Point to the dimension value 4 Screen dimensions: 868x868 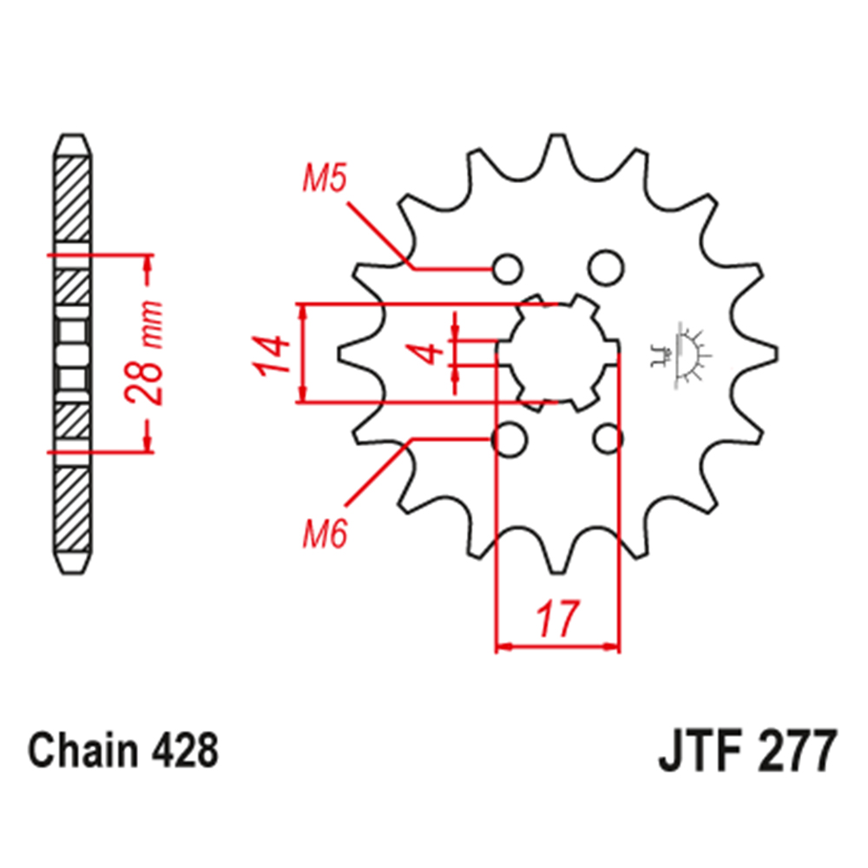427,353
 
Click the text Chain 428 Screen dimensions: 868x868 122,751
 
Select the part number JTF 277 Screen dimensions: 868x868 746,751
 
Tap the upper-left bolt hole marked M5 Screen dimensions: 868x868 509,267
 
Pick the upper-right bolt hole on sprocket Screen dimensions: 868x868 604,266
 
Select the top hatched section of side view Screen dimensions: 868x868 72,200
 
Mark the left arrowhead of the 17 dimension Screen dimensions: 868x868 502,647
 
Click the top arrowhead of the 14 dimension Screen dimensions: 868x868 303,311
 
